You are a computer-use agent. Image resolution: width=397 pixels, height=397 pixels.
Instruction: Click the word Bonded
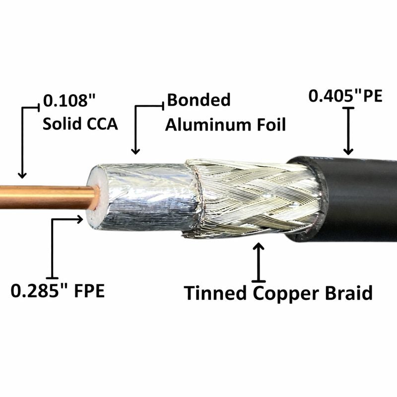pyautogui.click(x=199, y=100)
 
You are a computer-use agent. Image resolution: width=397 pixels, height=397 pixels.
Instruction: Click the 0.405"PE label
pyautogui.click(x=345, y=95)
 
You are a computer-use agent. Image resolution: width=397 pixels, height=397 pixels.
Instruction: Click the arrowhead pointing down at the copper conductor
pyautogui.click(x=22, y=174)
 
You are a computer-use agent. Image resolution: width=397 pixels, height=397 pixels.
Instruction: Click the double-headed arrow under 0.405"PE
pyautogui.click(x=348, y=131)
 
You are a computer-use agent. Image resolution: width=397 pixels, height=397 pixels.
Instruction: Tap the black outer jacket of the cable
pyautogui.click(x=357, y=198)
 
